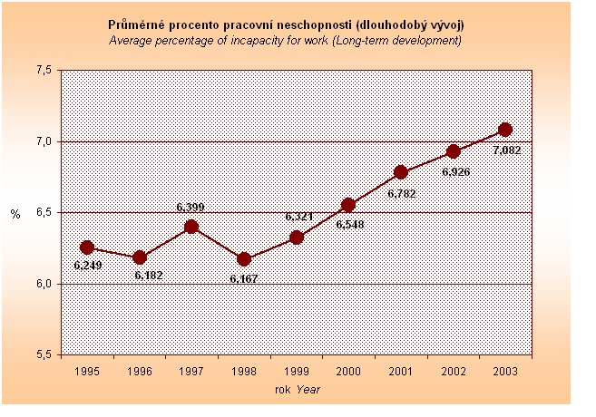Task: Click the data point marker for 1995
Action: [87, 247]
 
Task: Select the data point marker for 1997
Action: [191, 227]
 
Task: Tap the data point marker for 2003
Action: [505, 130]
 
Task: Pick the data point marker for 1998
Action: [244, 259]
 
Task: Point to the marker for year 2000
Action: [348, 205]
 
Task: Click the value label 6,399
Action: [191, 208]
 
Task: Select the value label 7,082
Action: [506, 150]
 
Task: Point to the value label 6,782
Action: [401, 192]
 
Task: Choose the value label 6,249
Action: [88, 267]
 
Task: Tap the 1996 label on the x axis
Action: [140, 370]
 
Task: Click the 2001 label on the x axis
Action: [401, 370]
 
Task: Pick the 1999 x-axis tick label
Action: [297, 370]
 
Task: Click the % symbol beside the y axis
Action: [15, 214]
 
